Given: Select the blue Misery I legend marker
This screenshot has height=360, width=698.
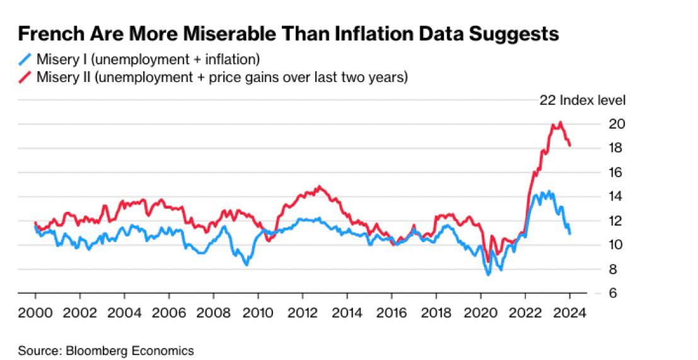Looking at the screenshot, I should (25, 61).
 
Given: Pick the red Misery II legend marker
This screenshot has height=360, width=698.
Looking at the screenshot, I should (25, 78).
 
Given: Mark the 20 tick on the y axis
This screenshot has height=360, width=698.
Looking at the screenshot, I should (617, 124).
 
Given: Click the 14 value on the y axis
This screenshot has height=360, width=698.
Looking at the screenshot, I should (617, 197).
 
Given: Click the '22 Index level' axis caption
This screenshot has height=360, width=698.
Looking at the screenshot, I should (582, 100).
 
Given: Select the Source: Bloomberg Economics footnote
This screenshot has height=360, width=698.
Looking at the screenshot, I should (106, 350).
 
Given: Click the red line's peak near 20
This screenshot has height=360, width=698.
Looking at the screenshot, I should (561, 122).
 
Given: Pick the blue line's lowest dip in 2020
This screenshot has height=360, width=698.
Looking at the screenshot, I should (488, 274).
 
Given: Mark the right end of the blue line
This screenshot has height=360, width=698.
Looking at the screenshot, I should (570, 234).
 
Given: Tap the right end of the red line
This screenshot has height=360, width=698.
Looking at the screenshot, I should (570, 146).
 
